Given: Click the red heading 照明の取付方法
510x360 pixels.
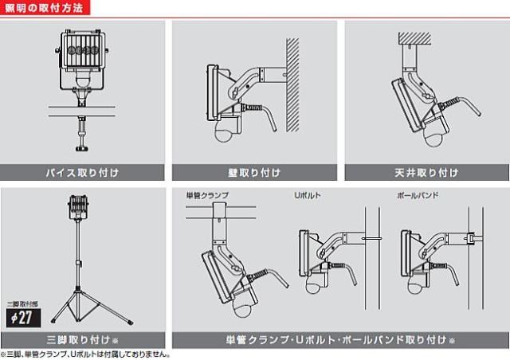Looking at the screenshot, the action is [45, 8].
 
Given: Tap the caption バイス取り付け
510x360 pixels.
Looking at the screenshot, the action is [82, 172].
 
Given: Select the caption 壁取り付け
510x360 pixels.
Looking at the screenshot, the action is [254, 172].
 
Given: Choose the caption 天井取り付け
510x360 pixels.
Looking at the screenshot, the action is [426, 172].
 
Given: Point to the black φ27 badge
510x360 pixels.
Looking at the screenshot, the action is [23, 318].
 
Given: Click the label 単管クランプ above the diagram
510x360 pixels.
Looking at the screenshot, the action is [207, 195].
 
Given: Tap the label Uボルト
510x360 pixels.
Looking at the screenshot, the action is [308, 195].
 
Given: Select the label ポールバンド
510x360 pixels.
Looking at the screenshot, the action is [418, 195].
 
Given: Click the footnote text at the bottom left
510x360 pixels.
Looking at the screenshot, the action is [85, 354].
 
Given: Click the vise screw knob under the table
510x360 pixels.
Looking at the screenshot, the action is [82, 149].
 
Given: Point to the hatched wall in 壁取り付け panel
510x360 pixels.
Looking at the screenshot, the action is [292, 85].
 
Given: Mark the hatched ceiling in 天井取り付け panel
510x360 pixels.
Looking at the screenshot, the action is [414, 38].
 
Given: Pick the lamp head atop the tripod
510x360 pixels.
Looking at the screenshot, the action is [79, 206].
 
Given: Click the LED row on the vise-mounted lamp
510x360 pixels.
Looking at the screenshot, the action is [83, 50].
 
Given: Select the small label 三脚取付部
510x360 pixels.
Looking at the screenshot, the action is [22, 304].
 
